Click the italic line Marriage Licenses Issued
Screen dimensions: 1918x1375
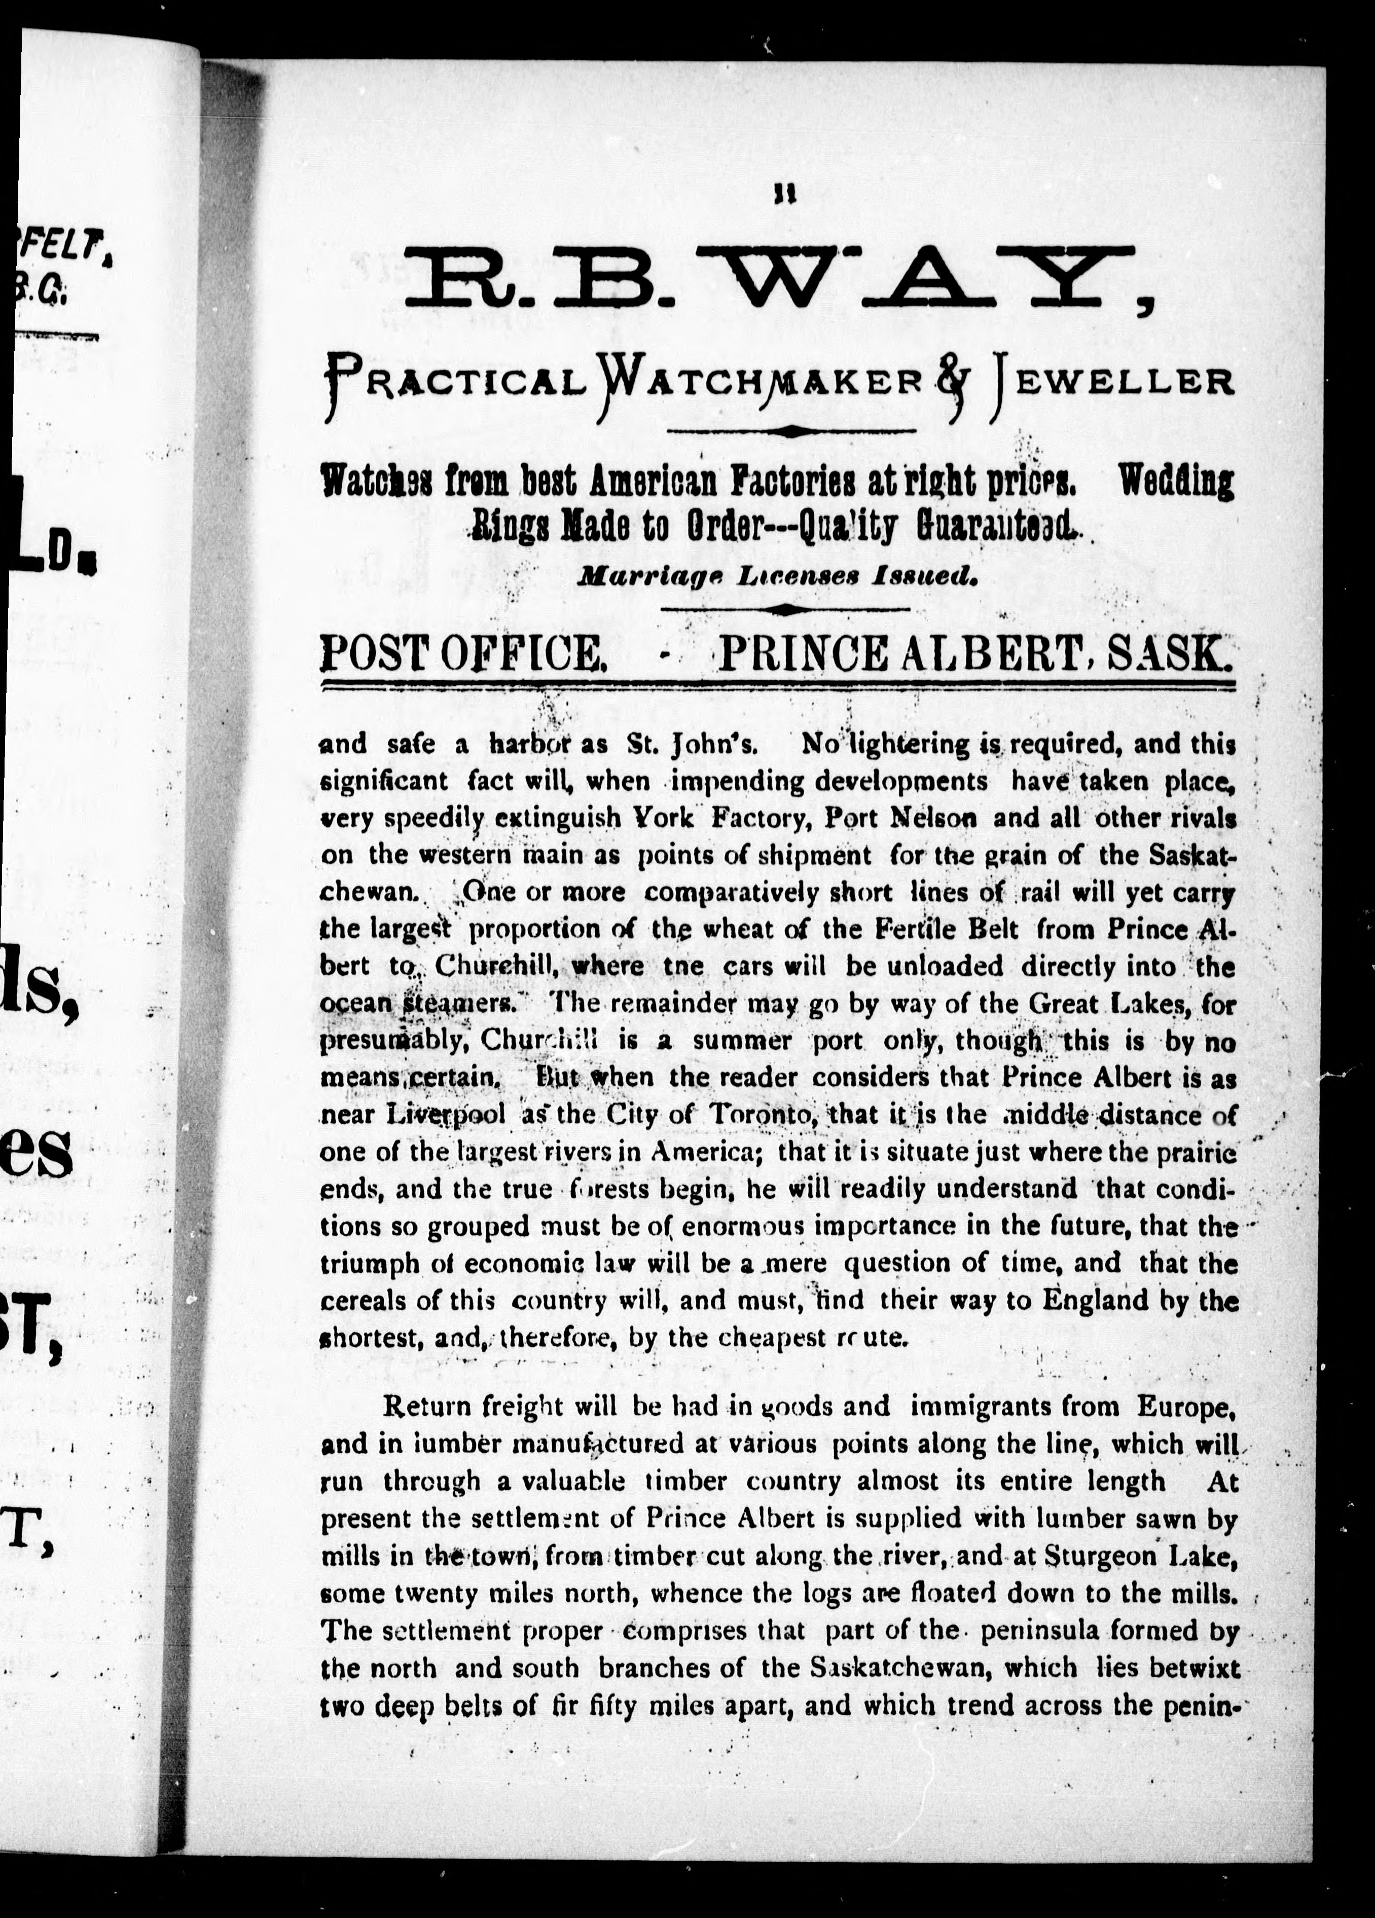[777, 577]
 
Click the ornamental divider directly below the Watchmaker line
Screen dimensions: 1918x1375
[790, 431]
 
